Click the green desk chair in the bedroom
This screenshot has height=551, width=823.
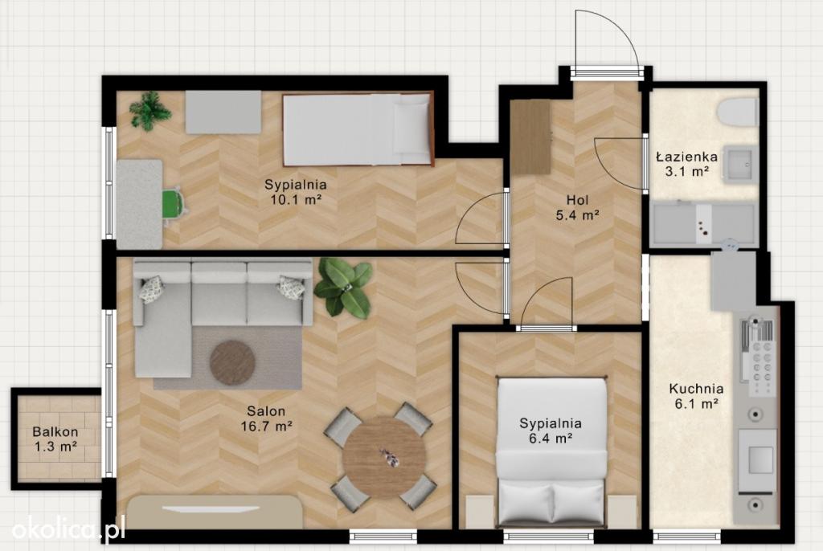click(x=174, y=204)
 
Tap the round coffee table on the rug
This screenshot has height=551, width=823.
click(x=232, y=363)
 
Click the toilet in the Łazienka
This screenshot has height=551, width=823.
click(x=738, y=112)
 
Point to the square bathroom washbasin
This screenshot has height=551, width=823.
click(x=739, y=164)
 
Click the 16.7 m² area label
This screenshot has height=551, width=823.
click(x=267, y=427)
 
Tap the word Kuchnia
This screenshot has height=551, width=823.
click(x=696, y=389)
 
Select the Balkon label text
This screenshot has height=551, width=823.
click(x=55, y=432)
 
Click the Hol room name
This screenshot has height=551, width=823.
click(x=577, y=200)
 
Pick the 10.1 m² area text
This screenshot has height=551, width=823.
click(x=296, y=199)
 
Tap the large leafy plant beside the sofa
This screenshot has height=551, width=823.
click(x=343, y=287)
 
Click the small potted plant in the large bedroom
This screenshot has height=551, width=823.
click(x=150, y=111)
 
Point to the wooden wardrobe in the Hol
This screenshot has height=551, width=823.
click(x=530, y=137)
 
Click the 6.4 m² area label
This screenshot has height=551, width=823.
click(x=551, y=439)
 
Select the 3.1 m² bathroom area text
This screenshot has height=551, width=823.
click(x=687, y=170)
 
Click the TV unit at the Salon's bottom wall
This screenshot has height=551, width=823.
click(x=215, y=512)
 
